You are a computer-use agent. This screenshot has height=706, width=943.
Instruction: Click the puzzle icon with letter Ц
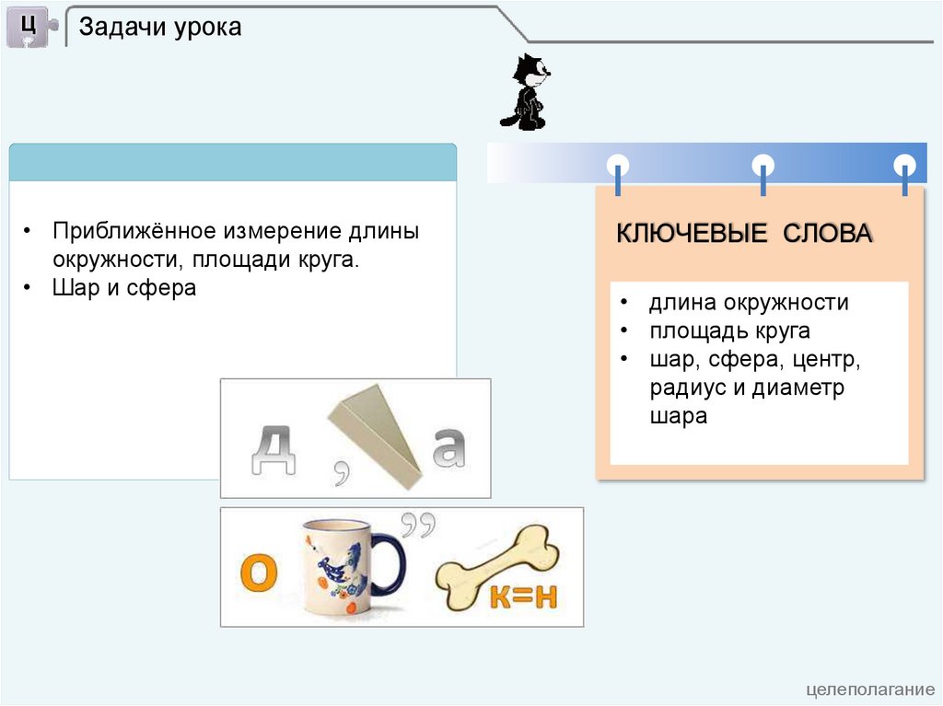29,27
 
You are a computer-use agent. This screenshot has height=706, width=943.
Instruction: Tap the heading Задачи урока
160,28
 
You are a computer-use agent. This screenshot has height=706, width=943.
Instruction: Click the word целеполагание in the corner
869,689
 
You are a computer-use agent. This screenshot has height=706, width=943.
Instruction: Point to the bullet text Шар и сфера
124,287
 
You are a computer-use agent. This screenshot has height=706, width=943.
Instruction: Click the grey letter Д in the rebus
274,449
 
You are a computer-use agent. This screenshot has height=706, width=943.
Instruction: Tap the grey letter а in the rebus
448,446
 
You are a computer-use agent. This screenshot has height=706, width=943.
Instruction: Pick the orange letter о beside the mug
259,573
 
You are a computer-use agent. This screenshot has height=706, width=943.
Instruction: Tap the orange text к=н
522,596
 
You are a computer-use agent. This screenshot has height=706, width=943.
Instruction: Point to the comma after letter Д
342,472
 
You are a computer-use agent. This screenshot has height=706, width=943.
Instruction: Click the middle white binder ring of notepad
763,166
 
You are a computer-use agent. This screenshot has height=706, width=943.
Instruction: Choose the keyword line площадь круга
729,330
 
